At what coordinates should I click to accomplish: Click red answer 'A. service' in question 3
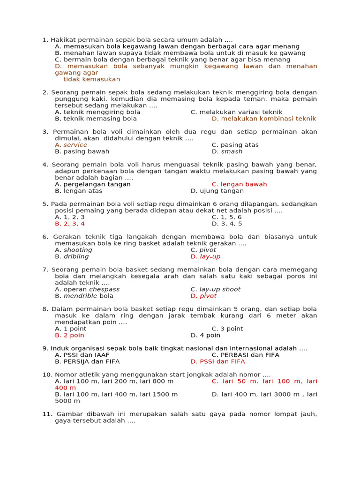(71, 145)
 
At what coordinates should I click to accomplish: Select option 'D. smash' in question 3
(227, 151)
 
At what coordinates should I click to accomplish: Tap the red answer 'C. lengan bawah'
(239, 184)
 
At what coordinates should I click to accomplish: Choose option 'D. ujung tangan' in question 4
(217, 191)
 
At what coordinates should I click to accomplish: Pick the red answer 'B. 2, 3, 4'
(70, 224)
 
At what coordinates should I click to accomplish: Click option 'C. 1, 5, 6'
(226, 217)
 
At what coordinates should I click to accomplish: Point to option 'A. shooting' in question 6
(73, 250)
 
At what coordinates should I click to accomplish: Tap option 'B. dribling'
(72, 256)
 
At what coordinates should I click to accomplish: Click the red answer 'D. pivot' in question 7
(203, 296)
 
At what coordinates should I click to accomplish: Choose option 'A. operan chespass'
(87, 289)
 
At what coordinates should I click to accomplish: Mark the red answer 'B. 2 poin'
(69, 335)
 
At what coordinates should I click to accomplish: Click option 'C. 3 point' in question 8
(227, 329)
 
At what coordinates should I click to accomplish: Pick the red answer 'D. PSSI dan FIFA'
(217, 361)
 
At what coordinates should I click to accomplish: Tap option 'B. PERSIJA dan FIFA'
(87, 361)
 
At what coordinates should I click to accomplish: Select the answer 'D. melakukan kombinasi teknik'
(264, 119)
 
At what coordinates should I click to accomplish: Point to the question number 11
(46, 414)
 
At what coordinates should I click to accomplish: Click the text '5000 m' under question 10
(67, 401)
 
